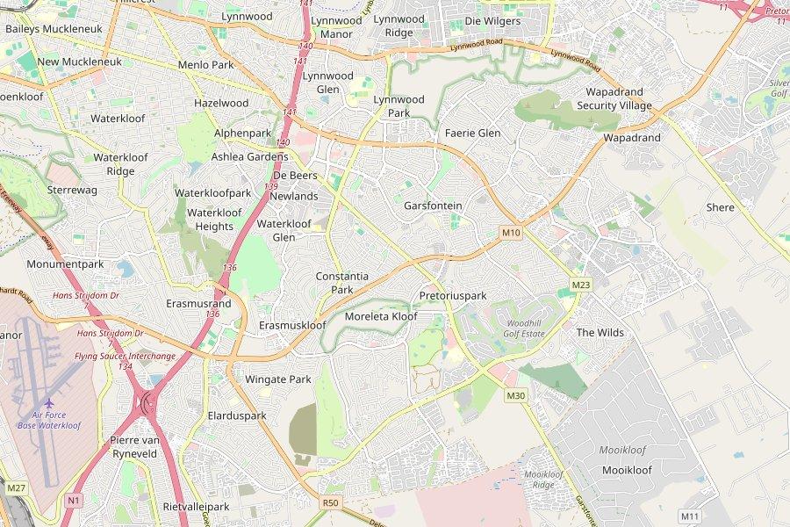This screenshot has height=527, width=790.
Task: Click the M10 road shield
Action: tap(511, 233)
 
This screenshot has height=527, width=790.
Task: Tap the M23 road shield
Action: tap(581, 285)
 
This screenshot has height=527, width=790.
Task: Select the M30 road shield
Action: tap(515, 396)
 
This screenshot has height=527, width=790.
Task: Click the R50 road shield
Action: tap(330, 502)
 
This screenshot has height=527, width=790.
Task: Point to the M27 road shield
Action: tap(15, 487)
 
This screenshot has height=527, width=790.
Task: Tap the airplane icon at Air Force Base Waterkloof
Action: tap(49, 403)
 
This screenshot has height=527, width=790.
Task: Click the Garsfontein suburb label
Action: tap(433, 206)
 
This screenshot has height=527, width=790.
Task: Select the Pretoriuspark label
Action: tap(452, 296)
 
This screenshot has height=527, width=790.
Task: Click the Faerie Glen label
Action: tap(472, 133)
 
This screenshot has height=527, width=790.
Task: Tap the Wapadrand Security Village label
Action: tap(614, 98)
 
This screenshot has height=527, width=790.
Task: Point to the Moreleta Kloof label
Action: tap(381, 316)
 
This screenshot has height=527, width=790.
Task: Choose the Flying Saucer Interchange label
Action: tap(125, 356)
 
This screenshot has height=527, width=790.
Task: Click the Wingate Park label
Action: tap(277, 379)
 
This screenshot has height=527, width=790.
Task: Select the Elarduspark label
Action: tap(236, 415)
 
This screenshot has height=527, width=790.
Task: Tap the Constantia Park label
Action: tap(341, 283)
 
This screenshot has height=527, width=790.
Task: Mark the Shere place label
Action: tap(720, 207)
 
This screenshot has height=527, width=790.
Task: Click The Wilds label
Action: tap(600, 332)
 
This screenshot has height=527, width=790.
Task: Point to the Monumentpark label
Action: tap(65, 263)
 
